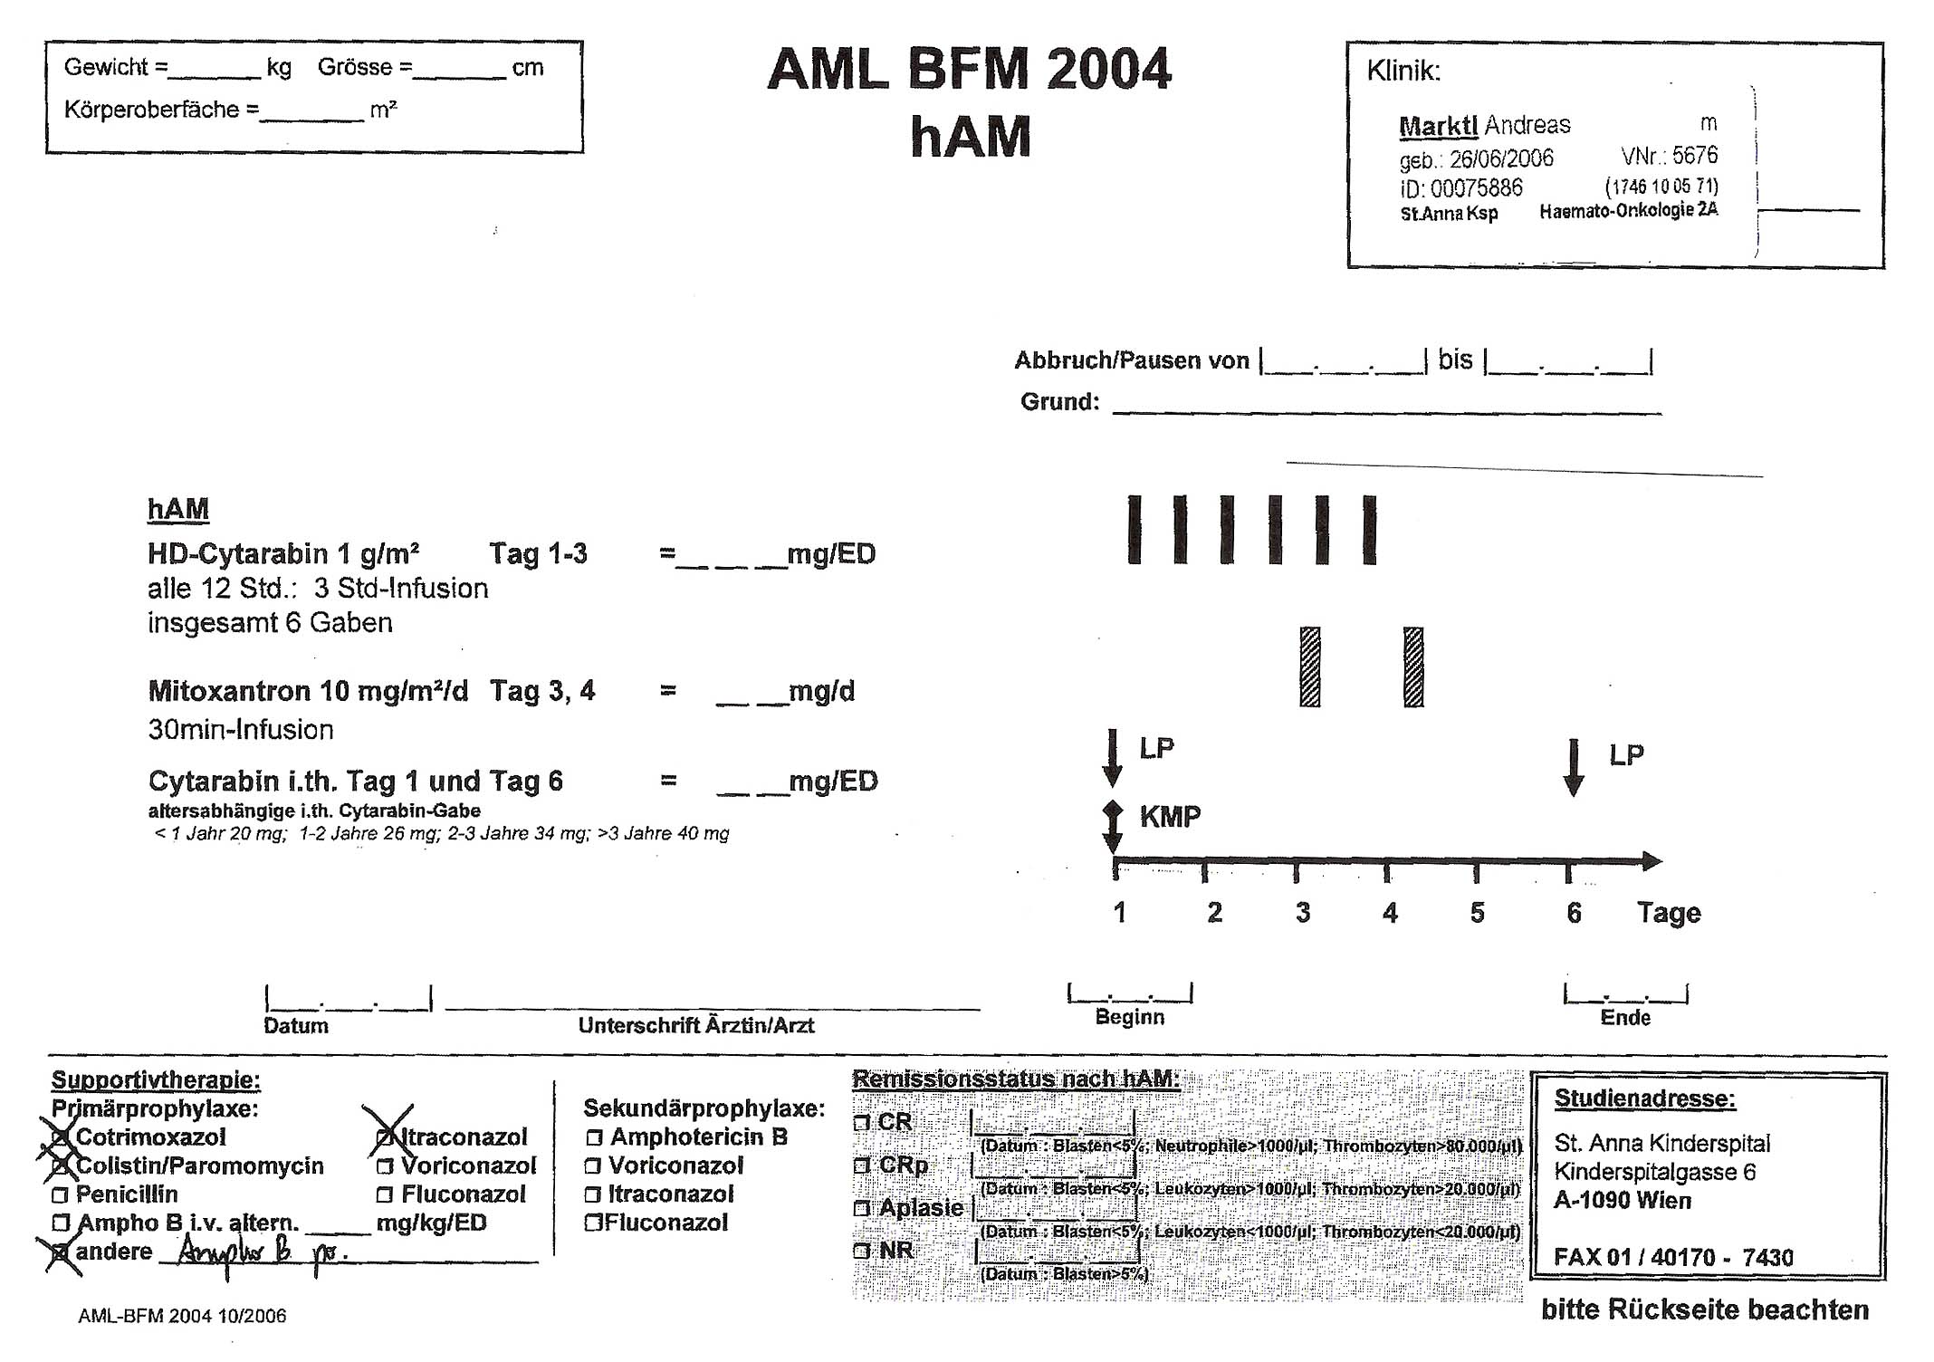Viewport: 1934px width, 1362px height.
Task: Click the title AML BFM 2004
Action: pos(969,70)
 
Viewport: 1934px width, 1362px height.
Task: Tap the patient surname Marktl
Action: pos(1437,126)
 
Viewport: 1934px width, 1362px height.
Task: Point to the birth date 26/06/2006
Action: pos(1500,159)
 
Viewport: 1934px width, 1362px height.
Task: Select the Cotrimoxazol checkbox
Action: pos(61,1138)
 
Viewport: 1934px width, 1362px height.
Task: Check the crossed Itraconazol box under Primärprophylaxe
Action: pos(385,1138)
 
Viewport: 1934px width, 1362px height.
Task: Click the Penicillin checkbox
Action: pos(61,1195)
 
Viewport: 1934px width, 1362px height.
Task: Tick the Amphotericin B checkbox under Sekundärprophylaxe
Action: pos(594,1138)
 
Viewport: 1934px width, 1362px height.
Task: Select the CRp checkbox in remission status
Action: pos(861,1165)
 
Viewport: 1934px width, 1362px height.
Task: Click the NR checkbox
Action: pos(861,1252)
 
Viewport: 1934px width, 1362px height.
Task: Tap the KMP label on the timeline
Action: pos(1170,817)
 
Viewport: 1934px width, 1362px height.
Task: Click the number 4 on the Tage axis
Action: pos(1390,913)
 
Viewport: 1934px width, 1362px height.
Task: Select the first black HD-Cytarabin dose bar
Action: pos(1135,530)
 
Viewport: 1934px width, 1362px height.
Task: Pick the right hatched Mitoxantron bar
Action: pos(1413,667)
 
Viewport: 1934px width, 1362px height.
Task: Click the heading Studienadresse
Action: pos(1644,1099)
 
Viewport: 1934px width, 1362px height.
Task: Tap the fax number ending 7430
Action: pos(1673,1258)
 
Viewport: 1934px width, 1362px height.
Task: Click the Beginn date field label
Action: pos(1129,1017)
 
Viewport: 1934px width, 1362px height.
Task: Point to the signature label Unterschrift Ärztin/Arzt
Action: pos(695,1026)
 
